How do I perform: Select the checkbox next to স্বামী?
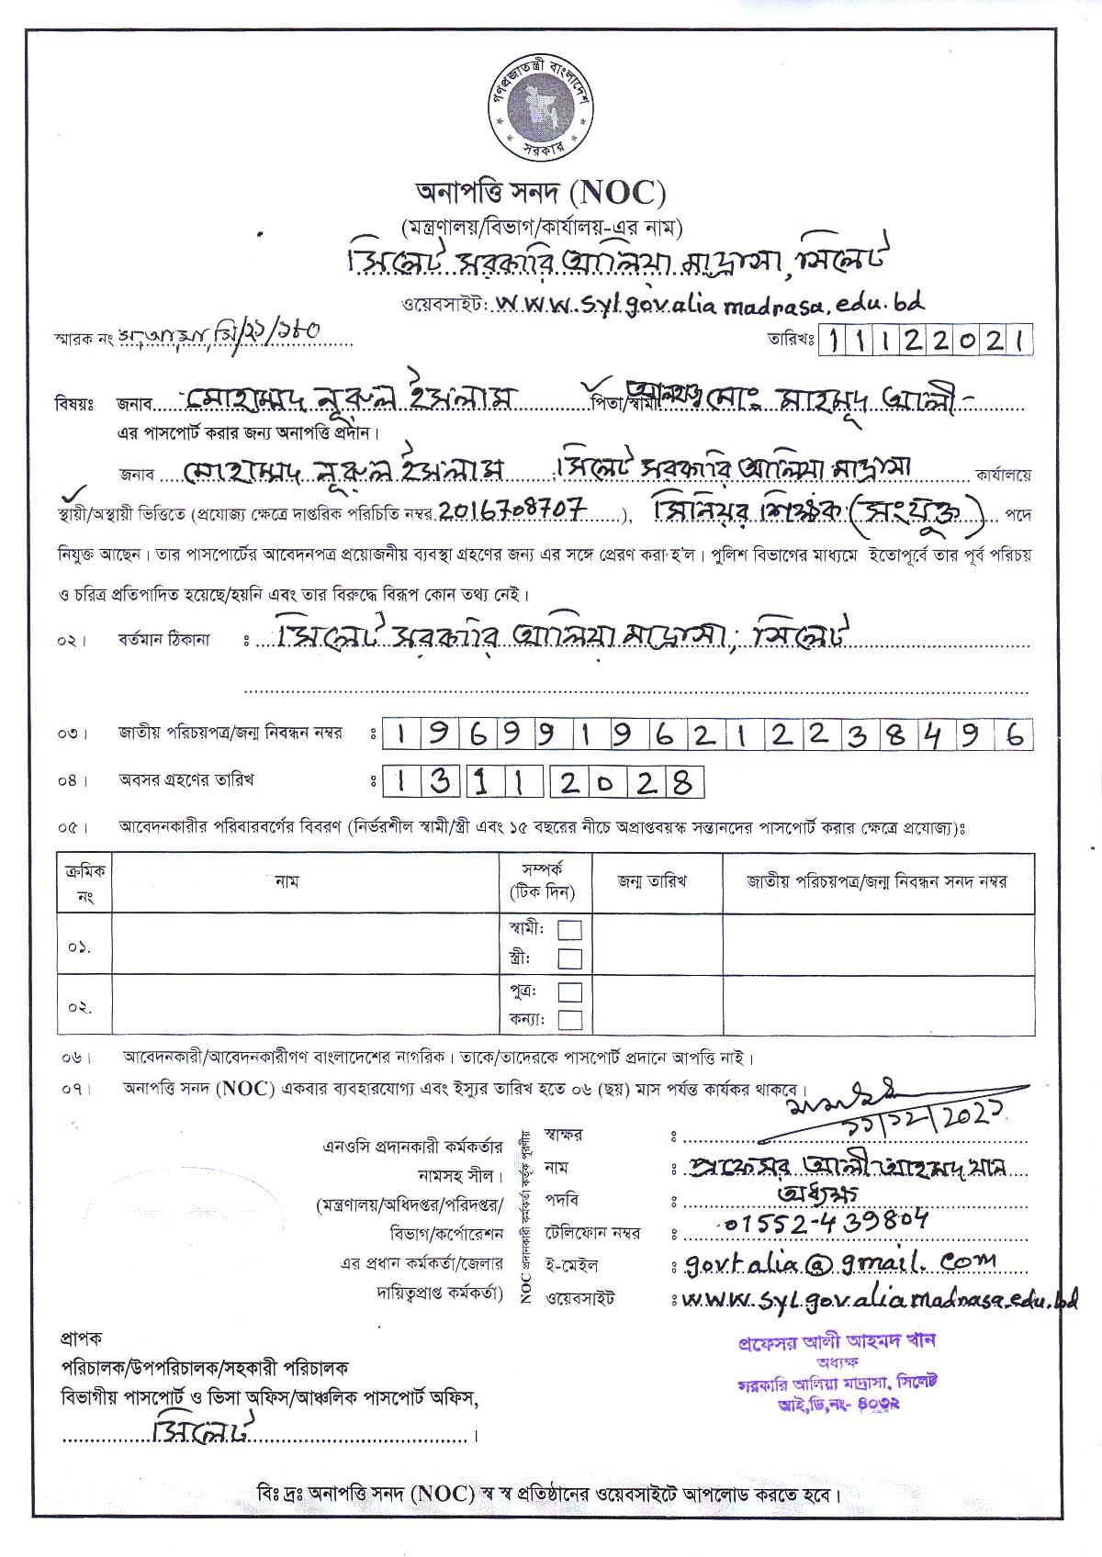[x=570, y=929]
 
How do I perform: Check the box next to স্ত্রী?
[x=570, y=958]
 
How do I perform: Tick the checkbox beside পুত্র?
[x=570, y=991]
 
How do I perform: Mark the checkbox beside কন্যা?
[x=570, y=1019]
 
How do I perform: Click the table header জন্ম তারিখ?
[x=652, y=881]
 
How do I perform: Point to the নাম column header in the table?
[x=287, y=881]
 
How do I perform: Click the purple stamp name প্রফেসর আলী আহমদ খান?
[x=836, y=1340]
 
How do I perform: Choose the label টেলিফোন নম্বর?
[x=591, y=1232]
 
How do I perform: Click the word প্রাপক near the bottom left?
[x=82, y=1338]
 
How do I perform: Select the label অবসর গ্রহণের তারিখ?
[x=186, y=780]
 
